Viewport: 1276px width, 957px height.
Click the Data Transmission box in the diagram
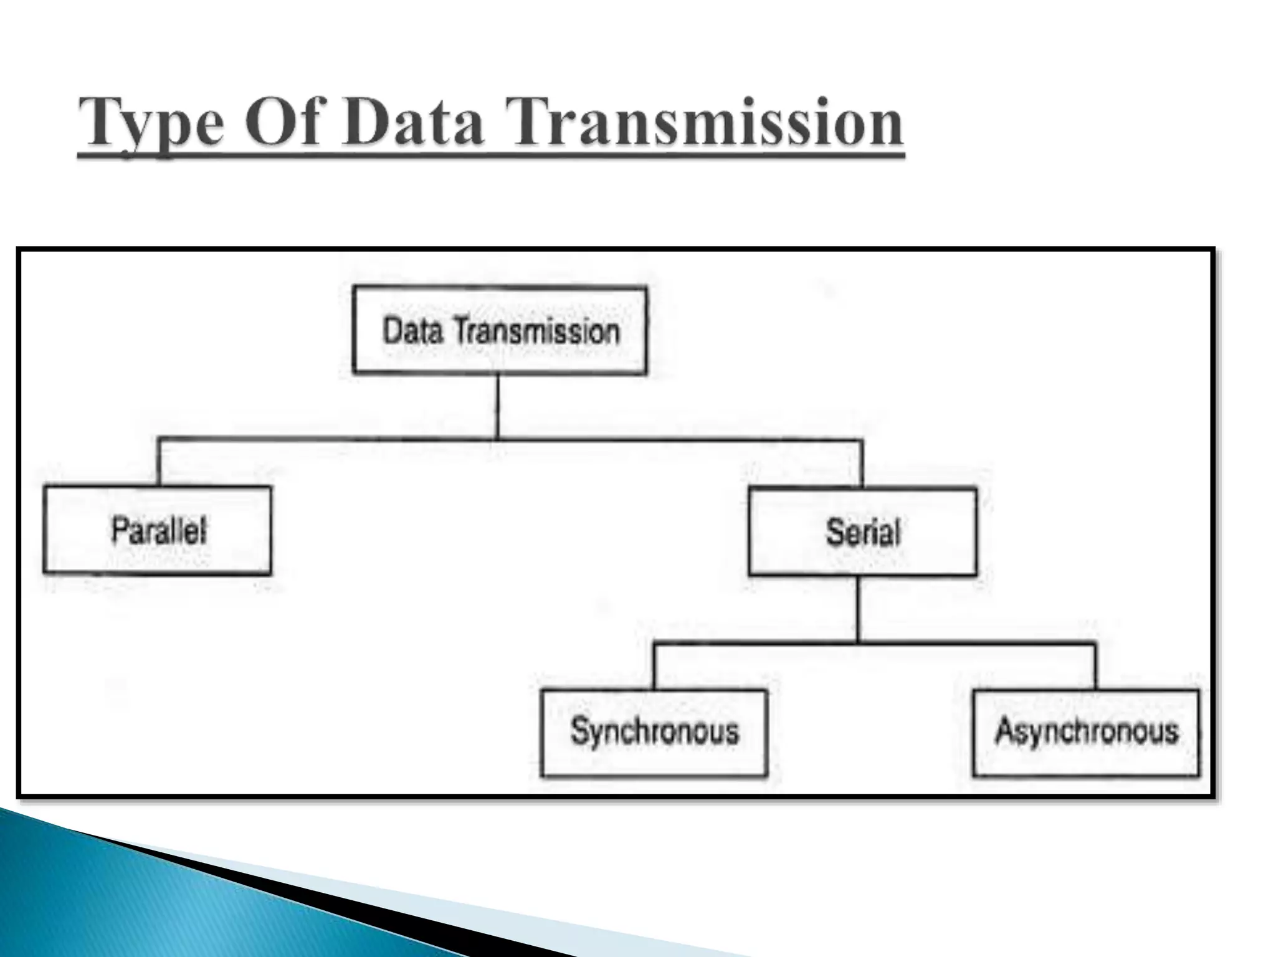coord(500,330)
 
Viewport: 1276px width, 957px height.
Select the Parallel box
coord(158,530)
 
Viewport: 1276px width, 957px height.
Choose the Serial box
coord(862,532)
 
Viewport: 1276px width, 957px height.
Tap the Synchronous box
coord(654,732)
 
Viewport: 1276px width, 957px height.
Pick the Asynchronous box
coord(1086,732)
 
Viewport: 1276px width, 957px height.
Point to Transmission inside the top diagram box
coord(536,331)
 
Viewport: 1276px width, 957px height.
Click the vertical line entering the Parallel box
coord(159,462)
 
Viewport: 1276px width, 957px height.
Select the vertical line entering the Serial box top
coord(862,464)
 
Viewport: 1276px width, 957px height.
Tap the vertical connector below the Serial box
coord(857,608)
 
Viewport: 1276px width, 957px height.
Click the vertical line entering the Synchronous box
coord(654,665)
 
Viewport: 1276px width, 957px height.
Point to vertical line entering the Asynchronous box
coord(1095,665)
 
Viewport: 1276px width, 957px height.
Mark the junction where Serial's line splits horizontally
coord(857,642)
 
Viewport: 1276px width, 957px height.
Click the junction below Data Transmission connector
coord(497,439)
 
